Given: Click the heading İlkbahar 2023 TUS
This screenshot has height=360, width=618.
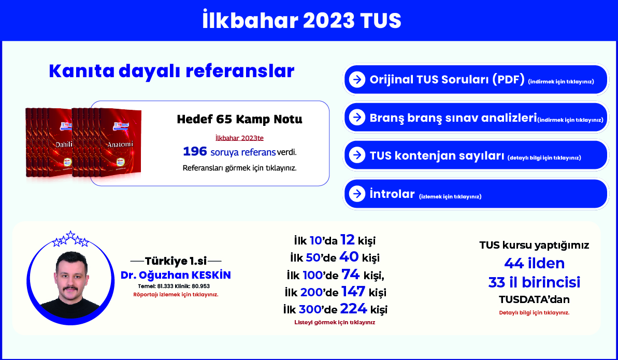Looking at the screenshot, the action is click(301, 20).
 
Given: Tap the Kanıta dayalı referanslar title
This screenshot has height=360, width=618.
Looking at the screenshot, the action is click(171, 71).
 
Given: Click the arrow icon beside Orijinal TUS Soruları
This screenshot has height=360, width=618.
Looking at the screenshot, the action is click(357, 80).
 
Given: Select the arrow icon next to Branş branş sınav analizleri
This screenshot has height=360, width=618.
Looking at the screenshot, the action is click(357, 118).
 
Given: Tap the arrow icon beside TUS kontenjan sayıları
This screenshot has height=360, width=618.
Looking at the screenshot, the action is click(357, 155).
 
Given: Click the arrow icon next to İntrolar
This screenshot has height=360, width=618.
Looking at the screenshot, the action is click(357, 194).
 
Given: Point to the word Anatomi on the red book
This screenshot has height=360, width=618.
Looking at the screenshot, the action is click(120, 145).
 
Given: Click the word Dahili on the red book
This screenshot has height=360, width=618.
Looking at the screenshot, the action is click(64, 145).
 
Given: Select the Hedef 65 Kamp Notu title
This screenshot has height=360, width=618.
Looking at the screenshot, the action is click(240, 119).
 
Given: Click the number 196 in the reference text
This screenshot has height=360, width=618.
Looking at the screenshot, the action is click(195, 151).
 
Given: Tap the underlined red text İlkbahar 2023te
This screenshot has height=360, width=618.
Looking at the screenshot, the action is click(240, 138).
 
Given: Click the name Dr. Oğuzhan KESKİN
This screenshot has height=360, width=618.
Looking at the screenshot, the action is click(176, 275).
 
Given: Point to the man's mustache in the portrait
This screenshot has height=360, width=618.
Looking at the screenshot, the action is click(71, 289).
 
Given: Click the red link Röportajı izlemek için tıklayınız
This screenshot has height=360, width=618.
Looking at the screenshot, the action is click(176, 295).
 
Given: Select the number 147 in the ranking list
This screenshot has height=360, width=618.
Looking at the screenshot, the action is click(353, 292).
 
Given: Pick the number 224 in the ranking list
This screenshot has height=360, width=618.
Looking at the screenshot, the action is click(353, 308).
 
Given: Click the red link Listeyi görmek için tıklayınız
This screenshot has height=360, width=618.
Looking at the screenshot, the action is click(335, 323).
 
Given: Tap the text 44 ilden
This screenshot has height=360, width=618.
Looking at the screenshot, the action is click(535, 263).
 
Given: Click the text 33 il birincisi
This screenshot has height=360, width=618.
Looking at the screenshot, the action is click(535, 282).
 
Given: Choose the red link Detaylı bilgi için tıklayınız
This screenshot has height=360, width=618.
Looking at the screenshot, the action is click(535, 313).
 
